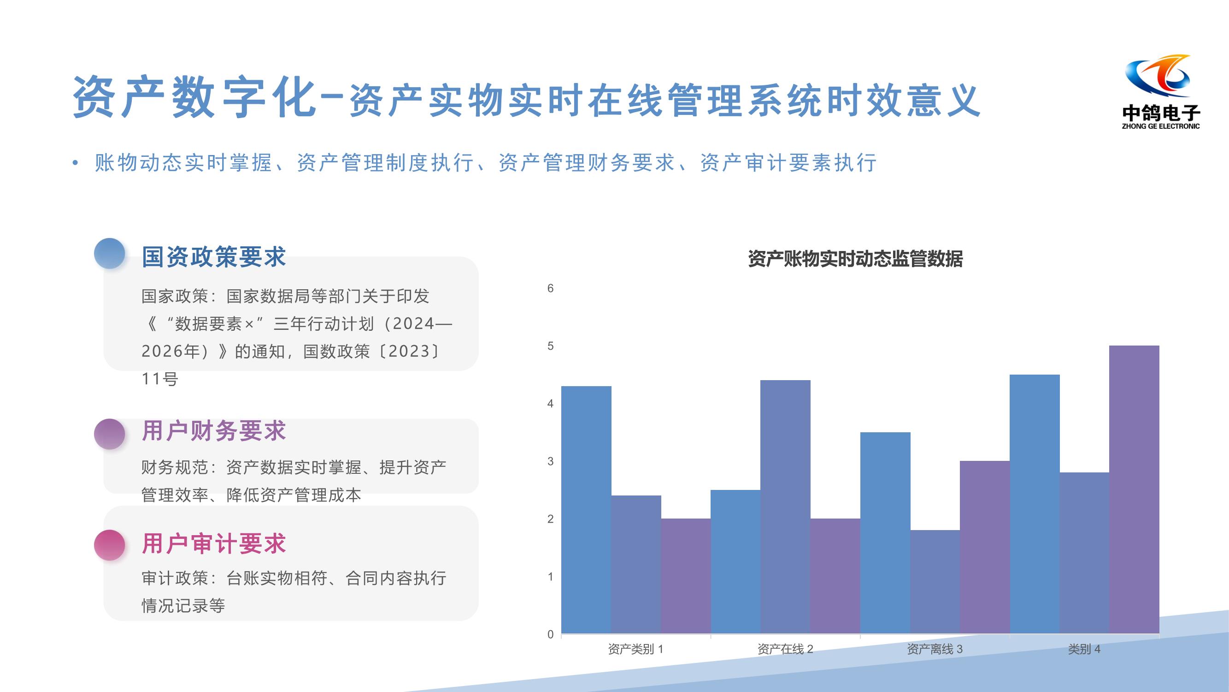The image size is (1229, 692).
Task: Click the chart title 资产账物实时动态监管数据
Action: (x=855, y=259)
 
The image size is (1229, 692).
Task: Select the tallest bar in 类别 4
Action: (x=1134, y=489)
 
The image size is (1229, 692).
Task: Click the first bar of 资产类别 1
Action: (x=586, y=510)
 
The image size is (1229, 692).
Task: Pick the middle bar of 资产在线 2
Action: (x=785, y=507)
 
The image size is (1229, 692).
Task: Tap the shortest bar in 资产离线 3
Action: (x=935, y=582)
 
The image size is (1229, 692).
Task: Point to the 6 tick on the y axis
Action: (x=551, y=288)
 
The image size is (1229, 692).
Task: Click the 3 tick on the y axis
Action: (x=551, y=461)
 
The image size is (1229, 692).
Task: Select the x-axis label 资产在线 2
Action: (x=785, y=649)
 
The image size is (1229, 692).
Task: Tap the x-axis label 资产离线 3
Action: (x=935, y=649)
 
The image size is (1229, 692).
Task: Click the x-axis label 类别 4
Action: (x=1084, y=649)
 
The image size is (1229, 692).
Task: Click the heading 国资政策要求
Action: (x=214, y=257)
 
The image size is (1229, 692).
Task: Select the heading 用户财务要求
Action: (x=214, y=430)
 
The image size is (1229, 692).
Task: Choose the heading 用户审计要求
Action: (x=214, y=543)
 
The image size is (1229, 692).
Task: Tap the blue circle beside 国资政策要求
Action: (x=110, y=253)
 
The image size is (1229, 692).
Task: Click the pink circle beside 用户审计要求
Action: (x=110, y=545)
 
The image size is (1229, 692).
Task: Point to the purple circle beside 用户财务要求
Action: (x=110, y=434)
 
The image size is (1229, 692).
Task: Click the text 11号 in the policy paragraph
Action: (x=160, y=379)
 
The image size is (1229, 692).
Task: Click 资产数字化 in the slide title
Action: (x=194, y=97)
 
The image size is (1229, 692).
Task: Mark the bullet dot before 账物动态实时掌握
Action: (x=75, y=163)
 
